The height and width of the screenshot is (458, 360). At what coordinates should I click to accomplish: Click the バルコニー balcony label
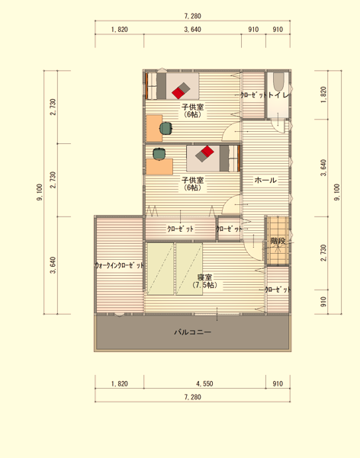[193, 332]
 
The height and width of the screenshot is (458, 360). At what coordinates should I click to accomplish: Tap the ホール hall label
[265, 180]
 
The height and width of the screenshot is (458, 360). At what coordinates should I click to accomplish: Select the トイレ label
[278, 95]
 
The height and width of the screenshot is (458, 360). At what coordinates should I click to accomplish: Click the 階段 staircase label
[278, 241]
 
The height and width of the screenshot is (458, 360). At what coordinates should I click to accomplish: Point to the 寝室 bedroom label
[204, 277]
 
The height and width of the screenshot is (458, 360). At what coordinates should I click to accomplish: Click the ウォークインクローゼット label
[119, 265]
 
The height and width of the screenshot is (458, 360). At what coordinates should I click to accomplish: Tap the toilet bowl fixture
[278, 82]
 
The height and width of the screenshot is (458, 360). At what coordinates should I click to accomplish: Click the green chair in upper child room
[166, 128]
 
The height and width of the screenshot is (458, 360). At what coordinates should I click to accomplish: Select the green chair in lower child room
[159, 154]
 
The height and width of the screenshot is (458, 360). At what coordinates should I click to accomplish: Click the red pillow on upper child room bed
[178, 92]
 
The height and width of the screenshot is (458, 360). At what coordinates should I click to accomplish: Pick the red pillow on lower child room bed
[207, 152]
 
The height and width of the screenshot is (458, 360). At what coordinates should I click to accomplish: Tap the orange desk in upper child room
[154, 128]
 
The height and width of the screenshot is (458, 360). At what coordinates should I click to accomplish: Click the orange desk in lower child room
[159, 167]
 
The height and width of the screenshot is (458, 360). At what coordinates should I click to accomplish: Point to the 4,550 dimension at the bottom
[204, 383]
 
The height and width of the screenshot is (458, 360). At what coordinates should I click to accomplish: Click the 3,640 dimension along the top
[192, 30]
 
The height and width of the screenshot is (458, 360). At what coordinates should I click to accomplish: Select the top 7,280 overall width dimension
[193, 16]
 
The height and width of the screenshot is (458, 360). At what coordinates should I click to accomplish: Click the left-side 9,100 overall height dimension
[40, 192]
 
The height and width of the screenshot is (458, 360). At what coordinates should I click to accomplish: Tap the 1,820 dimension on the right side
[323, 95]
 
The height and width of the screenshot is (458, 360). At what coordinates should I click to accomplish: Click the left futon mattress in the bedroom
[161, 269]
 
